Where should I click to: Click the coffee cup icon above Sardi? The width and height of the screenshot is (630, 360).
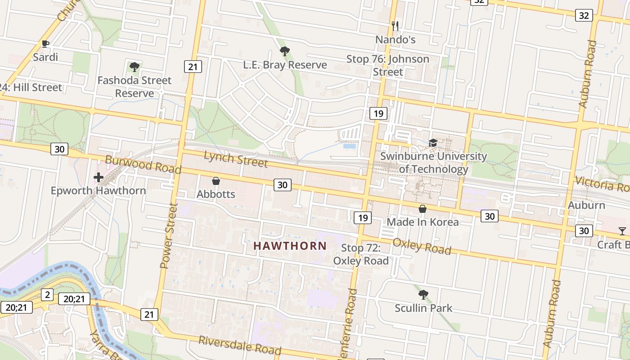[x=45, y=44]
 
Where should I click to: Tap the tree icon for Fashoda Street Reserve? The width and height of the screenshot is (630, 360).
[x=134, y=67]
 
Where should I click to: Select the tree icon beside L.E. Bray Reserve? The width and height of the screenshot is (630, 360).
[x=284, y=51]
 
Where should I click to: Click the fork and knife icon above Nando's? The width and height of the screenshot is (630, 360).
[x=395, y=26]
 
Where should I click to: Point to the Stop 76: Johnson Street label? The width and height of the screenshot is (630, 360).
[x=387, y=65]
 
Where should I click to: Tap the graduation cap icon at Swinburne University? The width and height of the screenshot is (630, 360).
[x=433, y=143]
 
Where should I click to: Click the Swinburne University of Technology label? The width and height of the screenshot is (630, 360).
[x=433, y=162]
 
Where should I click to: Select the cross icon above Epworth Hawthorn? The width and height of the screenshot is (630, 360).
[x=98, y=177]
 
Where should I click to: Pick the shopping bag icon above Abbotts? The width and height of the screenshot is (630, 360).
[x=216, y=181]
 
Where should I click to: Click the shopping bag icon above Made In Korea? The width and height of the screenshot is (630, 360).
[x=423, y=209]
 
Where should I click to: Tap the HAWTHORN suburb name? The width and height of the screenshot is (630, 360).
[x=290, y=246]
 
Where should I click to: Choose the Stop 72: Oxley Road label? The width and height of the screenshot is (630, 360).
[x=361, y=254]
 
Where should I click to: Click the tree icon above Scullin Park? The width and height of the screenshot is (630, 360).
[x=423, y=295]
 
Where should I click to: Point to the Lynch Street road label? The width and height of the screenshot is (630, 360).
[x=236, y=158]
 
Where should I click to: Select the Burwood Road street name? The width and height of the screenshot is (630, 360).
[x=143, y=165]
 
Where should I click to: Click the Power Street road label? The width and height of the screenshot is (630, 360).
[x=169, y=236]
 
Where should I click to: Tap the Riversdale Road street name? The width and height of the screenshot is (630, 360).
[x=240, y=345]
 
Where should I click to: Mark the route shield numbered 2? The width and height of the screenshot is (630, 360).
[x=47, y=295]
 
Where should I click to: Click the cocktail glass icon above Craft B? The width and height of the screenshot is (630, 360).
[x=622, y=231]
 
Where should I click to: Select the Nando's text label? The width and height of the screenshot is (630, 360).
[x=396, y=40]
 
